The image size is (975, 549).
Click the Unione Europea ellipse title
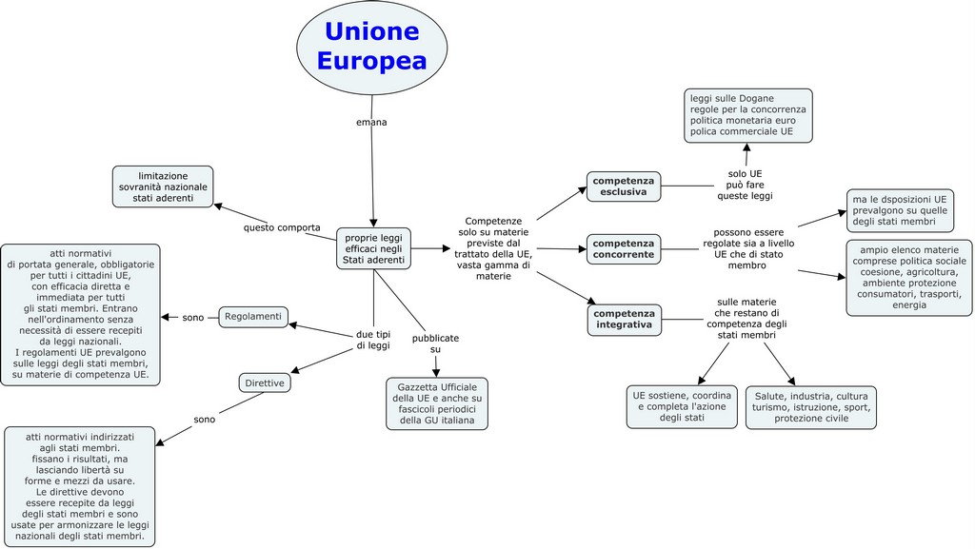(x=371, y=47)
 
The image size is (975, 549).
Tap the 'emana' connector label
(x=371, y=122)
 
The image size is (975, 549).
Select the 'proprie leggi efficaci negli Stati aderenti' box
(x=373, y=248)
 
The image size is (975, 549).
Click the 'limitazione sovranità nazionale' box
(x=163, y=186)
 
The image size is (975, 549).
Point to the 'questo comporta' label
(x=282, y=227)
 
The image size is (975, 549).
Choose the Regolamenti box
(x=253, y=316)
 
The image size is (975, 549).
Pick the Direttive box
(x=264, y=382)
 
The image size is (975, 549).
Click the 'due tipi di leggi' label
(x=373, y=340)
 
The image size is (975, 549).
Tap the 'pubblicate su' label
(x=435, y=343)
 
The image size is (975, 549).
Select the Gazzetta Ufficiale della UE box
(x=437, y=403)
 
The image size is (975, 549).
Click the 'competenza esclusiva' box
(x=624, y=186)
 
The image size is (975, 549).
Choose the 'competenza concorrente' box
(x=624, y=248)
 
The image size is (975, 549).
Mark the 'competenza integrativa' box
(x=624, y=319)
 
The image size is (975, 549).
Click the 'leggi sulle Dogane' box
(x=747, y=115)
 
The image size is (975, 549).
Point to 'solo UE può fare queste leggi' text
(x=746, y=185)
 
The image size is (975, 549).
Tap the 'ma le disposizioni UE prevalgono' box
(x=900, y=210)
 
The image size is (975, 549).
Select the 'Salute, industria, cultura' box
(x=811, y=407)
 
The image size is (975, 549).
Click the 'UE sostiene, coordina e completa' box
(x=682, y=406)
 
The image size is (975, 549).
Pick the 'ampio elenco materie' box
(x=909, y=277)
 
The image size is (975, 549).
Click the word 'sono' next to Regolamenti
(x=193, y=317)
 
